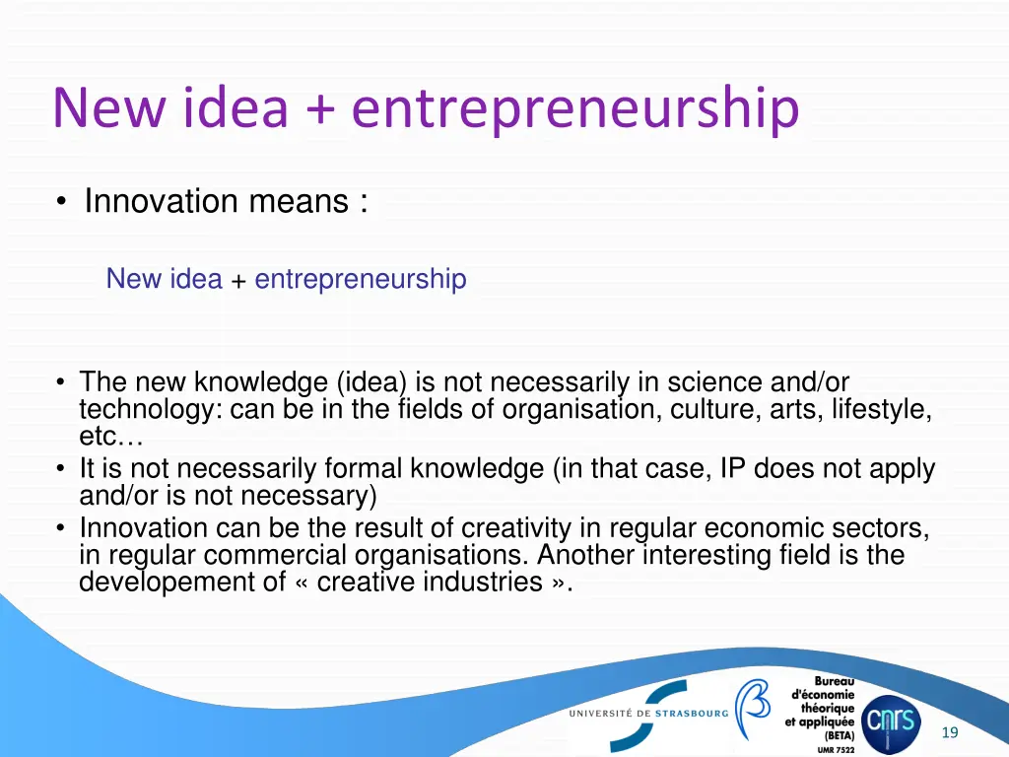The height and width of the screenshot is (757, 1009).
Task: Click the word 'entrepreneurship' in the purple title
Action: (x=574, y=109)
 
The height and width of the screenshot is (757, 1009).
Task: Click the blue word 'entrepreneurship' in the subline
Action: (x=360, y=279)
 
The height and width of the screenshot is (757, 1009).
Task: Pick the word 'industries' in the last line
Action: (x=483, y=582)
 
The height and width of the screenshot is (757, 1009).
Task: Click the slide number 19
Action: (x=950, y=732)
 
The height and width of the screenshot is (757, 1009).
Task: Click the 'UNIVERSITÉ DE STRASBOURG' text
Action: (x=648, y=713)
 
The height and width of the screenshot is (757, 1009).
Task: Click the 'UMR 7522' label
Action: (x=836, y=750)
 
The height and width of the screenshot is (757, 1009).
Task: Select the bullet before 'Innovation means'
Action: (x=62, y=202)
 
